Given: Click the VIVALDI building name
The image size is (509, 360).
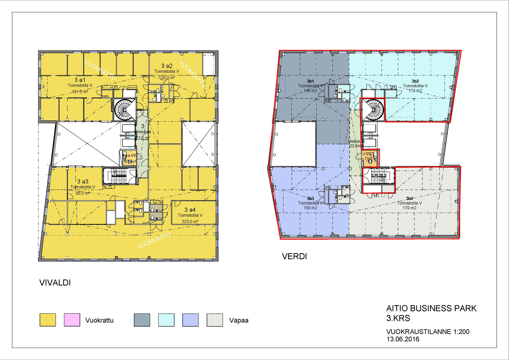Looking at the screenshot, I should pyautogui.click(x=55, y=283).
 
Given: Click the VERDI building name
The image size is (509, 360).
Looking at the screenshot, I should pyautogui.click(x=294, y=256).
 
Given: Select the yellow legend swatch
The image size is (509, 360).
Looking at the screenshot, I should pyautogui.click(x=48, y=320).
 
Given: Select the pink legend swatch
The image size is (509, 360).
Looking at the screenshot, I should pyautogui.click(x=72, y=320).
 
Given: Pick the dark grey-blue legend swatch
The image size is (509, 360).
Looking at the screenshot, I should pyautogui.click(x=142, y=320).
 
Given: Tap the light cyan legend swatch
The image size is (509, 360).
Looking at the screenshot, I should pyautogui.click(x=166, y=320).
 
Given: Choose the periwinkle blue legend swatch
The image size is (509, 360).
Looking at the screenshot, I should pyautogui.click(x=191, y=320).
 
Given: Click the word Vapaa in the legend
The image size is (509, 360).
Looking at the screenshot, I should pyautogui.click(x=239, y=320).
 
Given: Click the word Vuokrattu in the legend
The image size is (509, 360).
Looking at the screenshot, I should pyautogui.click(x=99, y=320).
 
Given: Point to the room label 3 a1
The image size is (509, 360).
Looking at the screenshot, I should pyautogui.click(x=80, y=80).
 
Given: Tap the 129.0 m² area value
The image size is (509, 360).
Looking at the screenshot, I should pyautogui.click(x=167, y=78).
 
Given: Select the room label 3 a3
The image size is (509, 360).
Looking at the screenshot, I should pyautogui.click(x=83, y=181).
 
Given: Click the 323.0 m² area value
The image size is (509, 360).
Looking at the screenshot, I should pyautogui.click(x=190, y=221).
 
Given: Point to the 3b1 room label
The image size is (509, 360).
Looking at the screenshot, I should pyautogui.click(x=310, y=81).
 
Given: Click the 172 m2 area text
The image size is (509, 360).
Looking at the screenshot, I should pyautogui.click(x=415, y=91).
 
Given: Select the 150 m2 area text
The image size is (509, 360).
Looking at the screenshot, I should pyautogui.click(x=310, y=208).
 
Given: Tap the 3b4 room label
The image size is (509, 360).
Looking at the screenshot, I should pyautogui.click(x=409, y=198).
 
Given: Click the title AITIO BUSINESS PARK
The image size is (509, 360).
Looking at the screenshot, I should pyautogui.click(x=431, y=308).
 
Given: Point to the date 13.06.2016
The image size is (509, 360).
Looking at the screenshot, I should pyautogui.click(x=403, y=339).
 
